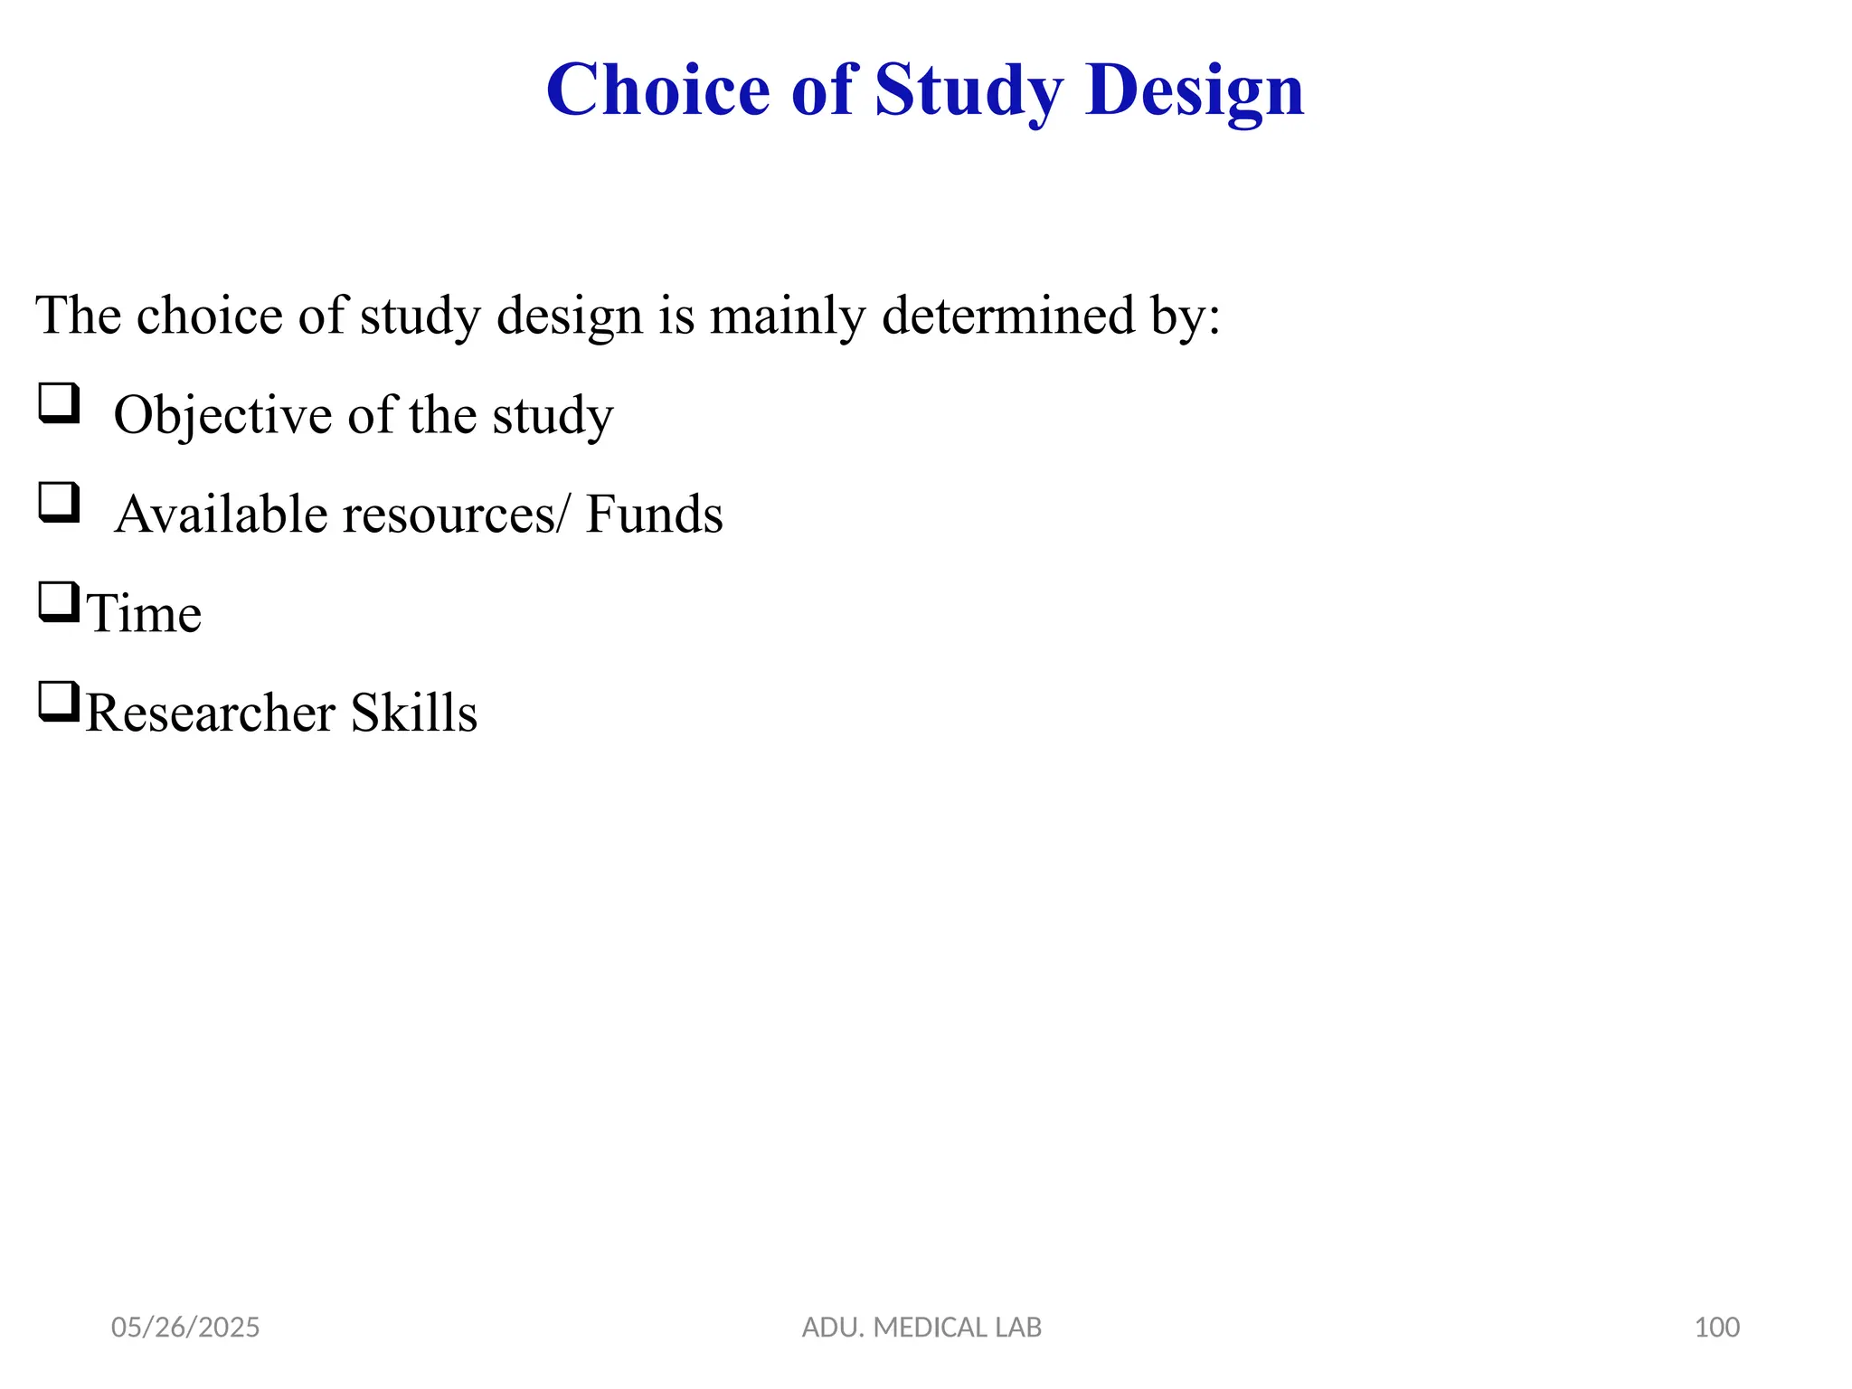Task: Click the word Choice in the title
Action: point(657,90)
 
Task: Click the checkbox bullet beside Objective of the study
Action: point(59,403)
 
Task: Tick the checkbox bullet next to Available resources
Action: point(59,503)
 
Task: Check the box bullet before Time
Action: point(59,602)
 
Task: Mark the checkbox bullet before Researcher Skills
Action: point(59,702)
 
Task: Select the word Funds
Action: point(654,515)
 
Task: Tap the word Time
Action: point(144,614)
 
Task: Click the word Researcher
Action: point(210,713)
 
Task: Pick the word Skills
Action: point(413,713)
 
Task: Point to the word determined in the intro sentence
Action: point(1007,316)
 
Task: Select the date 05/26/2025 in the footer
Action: point(185,1328)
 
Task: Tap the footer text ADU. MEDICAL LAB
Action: point(921,1328)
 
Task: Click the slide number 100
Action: point(1716,1328)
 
